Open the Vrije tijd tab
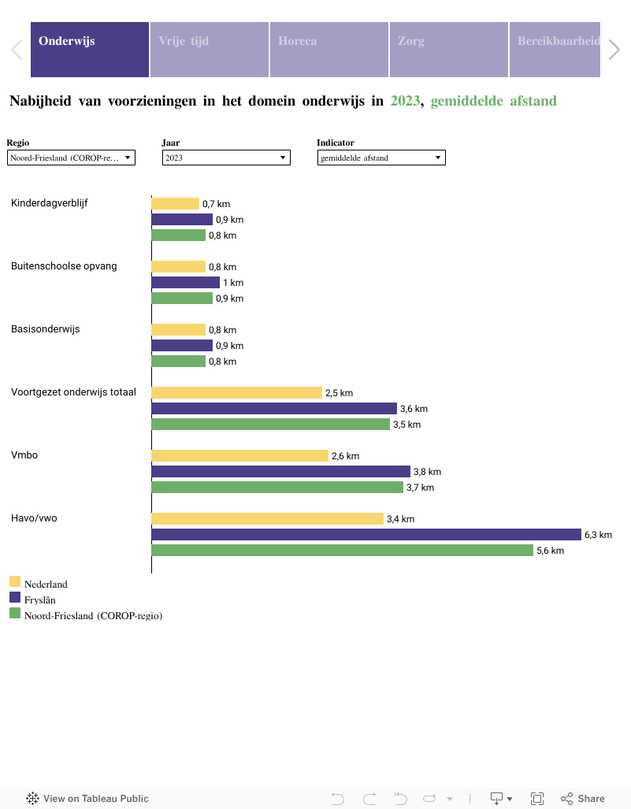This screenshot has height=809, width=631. coord(210,50)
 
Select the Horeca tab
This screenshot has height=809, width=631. coord(329,50)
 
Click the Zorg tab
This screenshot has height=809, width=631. coord(449,50)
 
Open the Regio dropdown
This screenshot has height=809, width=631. coord(71,158)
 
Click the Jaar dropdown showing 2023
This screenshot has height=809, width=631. coord(226,158)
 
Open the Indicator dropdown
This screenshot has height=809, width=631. coord(381,158)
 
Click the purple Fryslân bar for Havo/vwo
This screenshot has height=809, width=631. coord(366,535)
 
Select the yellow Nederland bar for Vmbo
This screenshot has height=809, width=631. coord(239,456)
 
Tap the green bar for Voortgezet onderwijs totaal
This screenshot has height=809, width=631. coord(270,425)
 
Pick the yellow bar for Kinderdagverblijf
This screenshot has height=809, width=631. coord(175,204)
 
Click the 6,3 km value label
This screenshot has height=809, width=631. coord(598,535)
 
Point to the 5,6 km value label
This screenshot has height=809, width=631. coord(550,551)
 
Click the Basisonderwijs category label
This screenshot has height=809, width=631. coord(46,329)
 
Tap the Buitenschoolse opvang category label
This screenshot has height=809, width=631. coord(64,266)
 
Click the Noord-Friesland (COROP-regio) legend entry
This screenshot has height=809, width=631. coord(93,616)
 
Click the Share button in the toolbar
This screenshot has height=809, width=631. coord(583,798)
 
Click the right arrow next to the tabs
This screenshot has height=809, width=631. coord(614,50)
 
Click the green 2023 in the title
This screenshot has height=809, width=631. coord(405,101)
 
